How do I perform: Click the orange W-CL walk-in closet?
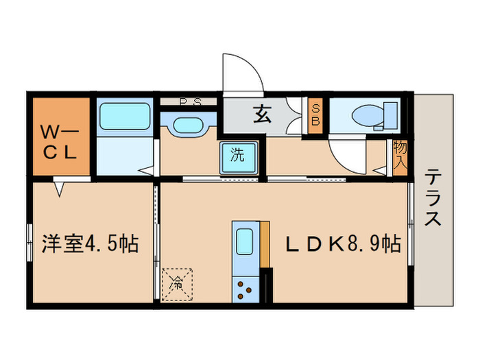62,137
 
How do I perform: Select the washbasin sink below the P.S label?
187,125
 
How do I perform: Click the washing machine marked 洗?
237,156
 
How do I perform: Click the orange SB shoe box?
316,115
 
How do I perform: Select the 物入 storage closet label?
400,156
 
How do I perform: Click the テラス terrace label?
432,199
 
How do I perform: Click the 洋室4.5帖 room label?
91,243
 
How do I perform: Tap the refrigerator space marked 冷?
177,282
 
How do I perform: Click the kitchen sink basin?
245,242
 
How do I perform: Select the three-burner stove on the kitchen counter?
245,288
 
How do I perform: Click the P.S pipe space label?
189,103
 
